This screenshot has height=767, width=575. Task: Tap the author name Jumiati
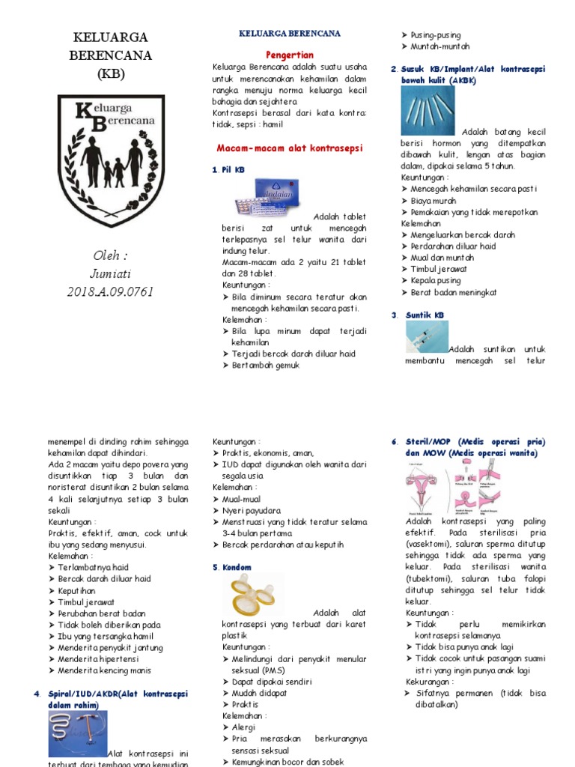click(x=110, y=273)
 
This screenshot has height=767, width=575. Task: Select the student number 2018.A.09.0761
click(x=110, y=291)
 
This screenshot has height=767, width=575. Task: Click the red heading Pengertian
click(x=290, y=55)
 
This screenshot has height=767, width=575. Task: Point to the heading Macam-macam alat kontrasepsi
click(x=289, y=148)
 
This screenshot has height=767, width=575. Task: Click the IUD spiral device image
click(x=78, y=734)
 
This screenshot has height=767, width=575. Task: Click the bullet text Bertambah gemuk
click(x=265, y=366)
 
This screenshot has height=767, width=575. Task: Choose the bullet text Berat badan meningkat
click(x=453, y=292)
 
